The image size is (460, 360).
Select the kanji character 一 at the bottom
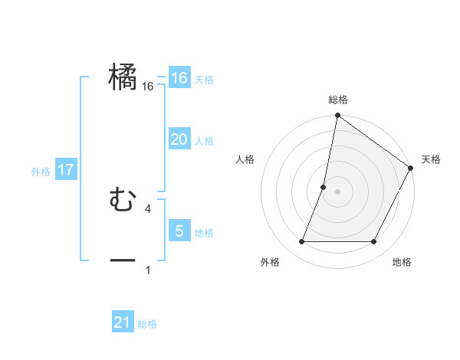pyautogui.click(x=123, y=260)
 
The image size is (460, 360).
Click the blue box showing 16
pyautogui.click(x=179, y=78)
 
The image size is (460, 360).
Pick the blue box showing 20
pyautogui.click(x=179, y=139)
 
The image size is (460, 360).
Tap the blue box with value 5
pyautogui.click(x=179, y=231)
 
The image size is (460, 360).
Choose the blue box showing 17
pyautogui.click(x=67, y=170)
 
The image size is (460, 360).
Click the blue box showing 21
pyautogui.click(x=123, y=323)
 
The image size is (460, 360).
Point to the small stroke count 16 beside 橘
pyautogui.click(x=148, y=87)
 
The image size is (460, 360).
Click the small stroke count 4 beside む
pyautogui.click(x=148, y=208)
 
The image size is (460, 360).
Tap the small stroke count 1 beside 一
pyautogui.click(x=148, y=270)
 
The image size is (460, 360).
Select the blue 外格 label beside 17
pyautogui.click(x=40, y=172)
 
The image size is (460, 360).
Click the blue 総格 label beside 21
pyautogui.click(x=147, y=325)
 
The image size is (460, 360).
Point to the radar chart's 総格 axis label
pyautogui.click(x=337, y=100)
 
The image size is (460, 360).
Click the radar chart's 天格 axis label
pyautogui.click(x=431, y=159)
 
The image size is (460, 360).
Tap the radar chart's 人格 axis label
pyautogui.click(x=245, y=159)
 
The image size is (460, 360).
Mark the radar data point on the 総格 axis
pyautogui.click(x=337, y=116)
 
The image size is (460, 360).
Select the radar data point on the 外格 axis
pyautogui.click(x=301, y=242)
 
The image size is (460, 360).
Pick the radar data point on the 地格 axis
pyautogui.click(x=374, y=242)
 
